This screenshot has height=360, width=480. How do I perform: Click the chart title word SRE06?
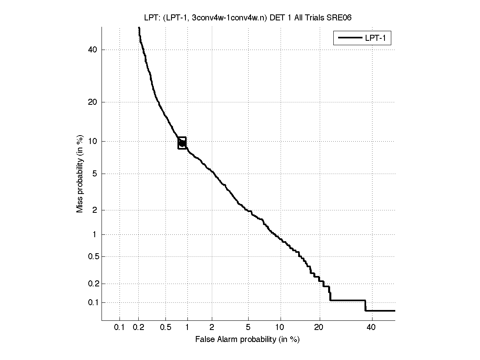tap(340, 18)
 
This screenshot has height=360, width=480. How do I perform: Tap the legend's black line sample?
tap(349, 38)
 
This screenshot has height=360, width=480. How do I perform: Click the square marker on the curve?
tap(182, 143)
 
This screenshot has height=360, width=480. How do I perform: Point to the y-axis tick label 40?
tap(93, 50)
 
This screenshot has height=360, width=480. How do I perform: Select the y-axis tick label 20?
tap(93, 102)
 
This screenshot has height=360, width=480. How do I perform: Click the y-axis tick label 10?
tap(93, 141)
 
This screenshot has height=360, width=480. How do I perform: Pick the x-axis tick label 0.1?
tap(119, 328)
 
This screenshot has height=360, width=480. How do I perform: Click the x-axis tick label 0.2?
tap(139, 328)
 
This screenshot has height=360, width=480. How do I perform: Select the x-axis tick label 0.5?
tap(165, 328)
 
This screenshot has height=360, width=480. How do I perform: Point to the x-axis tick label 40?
tap(371, 328)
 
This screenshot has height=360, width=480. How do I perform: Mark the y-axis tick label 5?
tap(95, 174)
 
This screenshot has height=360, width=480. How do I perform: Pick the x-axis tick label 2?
tap(212, 328)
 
